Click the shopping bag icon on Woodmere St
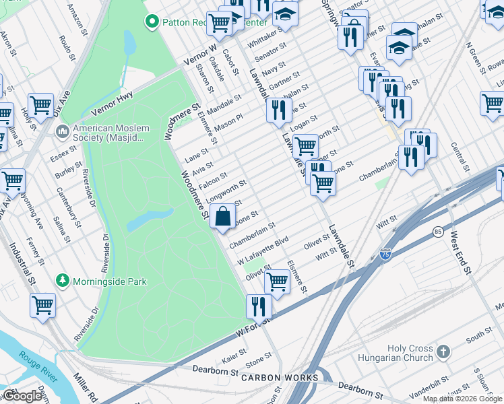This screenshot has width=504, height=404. click(x=223, y=217)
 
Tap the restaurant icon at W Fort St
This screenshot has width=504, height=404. click(x=259, y=306)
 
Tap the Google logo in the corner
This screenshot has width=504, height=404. click(x=22, y=395)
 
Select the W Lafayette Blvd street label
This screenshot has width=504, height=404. click(x=263, y=249)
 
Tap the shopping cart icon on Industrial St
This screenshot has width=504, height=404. click(x=43, y=304)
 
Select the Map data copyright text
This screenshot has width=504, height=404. click(x=462, y=399)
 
